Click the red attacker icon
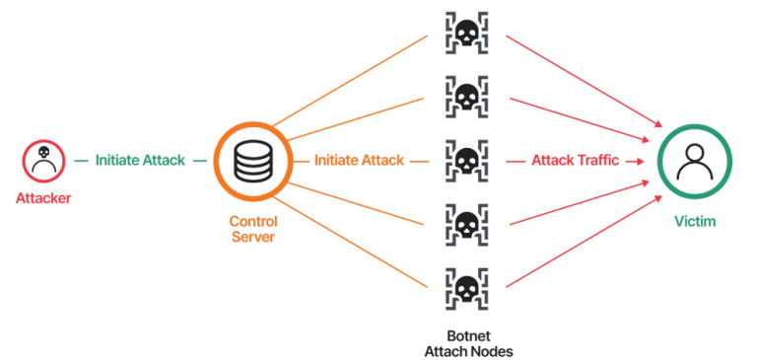[x=42, y=161]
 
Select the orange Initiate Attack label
[x=359, y=160]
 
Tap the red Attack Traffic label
[x=575, y=160]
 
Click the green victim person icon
[x=695, y=160]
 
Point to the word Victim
[x=695, y=222]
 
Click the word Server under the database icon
[x=252, y=238]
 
